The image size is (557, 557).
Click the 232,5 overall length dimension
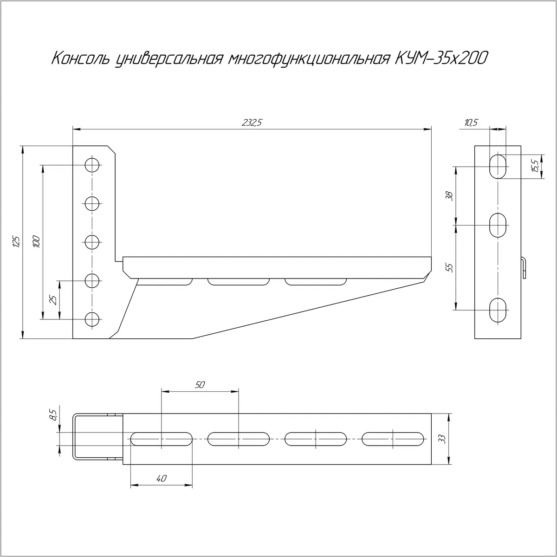point(252,123)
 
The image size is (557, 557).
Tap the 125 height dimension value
point(17,242)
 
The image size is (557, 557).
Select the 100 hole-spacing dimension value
point(37,242)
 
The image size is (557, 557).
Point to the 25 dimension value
point(53,300)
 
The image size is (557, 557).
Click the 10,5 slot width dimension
point(471,123)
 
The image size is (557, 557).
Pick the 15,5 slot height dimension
point(535,166)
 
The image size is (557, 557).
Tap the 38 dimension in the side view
point(449,196)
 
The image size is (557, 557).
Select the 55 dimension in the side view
point(449,268)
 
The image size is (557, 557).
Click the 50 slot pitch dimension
point(200,385)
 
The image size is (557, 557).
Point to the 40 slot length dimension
point(161,479)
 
